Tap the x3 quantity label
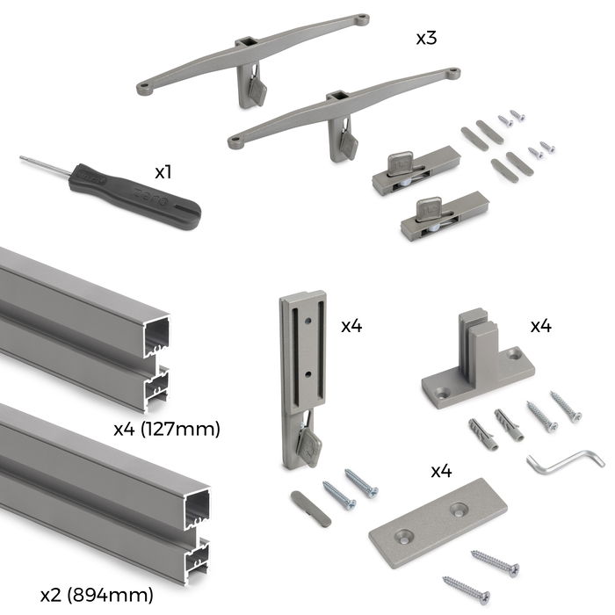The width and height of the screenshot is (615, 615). click(x=428, y=40)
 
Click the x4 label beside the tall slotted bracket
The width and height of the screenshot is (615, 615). click(x=352, y=326)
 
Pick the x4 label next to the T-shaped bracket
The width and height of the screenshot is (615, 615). click(x=540, y=326)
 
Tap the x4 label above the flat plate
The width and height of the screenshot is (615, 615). click(x=441, y=471)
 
